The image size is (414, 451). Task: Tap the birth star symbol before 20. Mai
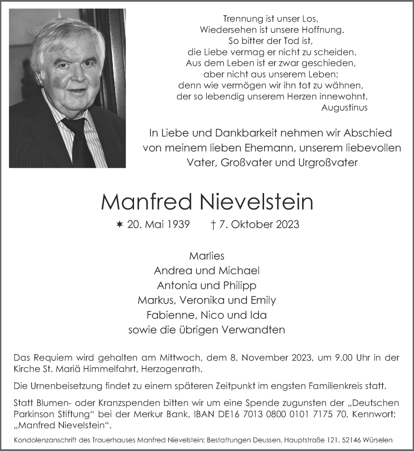[x=120, y=224]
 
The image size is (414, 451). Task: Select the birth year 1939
[x=177, y=224]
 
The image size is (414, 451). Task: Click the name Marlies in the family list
[x=207, y=256]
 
